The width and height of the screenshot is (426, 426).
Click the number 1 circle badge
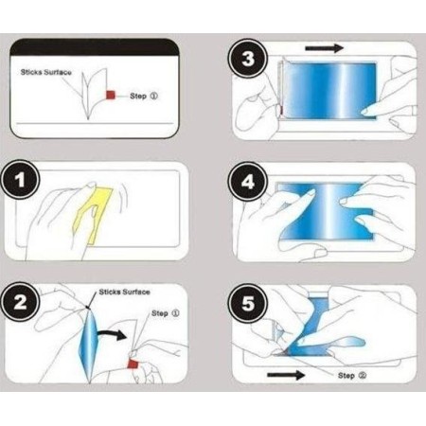tap(21, 180)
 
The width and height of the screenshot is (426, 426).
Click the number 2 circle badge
tap(21, 302)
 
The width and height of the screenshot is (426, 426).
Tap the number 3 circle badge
tap(248, 59)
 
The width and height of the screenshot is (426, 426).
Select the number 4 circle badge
tap(248, 181)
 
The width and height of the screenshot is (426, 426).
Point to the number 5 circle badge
tap(248, 303)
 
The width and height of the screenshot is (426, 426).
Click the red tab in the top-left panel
tap(111, 95)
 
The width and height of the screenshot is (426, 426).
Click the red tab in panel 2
tap(133, 364)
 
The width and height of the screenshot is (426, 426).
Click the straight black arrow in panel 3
tap(325, 48)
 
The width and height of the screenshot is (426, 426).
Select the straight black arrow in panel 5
tap(286, 375)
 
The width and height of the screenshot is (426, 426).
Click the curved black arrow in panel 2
tap(112, 335)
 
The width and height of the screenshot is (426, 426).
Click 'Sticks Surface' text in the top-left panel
tap(46, 72)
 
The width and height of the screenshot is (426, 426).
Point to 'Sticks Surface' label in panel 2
tap(124, 292)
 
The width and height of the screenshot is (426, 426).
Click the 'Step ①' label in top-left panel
tap(144, 96)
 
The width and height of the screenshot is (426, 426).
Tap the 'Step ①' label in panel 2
tap(166, 313)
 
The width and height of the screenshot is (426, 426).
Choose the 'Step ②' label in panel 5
tap(352, 376)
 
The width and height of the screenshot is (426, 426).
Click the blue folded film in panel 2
tap(88, 346)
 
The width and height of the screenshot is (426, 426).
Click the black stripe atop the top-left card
tap(95, 47)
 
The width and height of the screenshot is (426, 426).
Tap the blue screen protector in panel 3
tap(330, 90)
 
